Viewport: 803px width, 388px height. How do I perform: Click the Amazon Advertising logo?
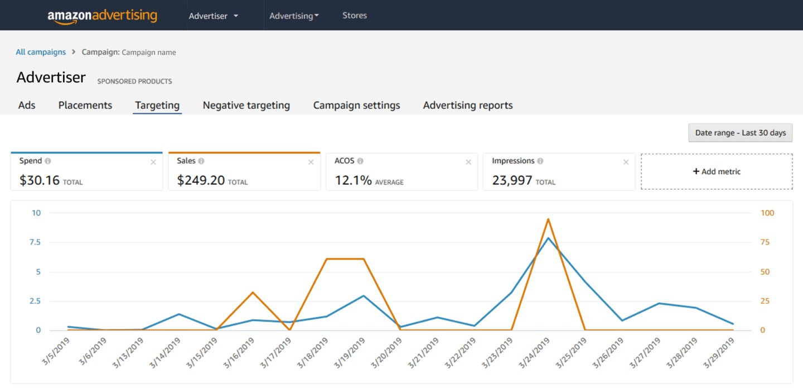pyautogui.click(x=102, y=16)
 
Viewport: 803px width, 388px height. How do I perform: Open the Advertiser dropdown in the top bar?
pyautogui.click(x=213, y=16)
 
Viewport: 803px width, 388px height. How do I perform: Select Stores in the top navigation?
pyautogui.click(x=355, y=16)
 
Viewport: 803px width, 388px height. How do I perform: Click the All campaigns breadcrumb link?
pyautogui.click(x=41, y=52)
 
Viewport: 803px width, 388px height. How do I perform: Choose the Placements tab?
pyautogui.click(x=85, y=105)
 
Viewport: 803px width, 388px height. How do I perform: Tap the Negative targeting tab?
pyautogui.click(x=246, y=105)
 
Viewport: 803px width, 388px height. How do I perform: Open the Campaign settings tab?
pyautogui.click(x=357, y=105)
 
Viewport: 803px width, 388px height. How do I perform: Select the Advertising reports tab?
pyautogui.click(x=468, y=105)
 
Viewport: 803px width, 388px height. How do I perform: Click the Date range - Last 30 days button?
pyautogui.click(x=741, y=133)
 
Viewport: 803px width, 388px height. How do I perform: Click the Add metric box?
pyautogui.click(x=717, y=171)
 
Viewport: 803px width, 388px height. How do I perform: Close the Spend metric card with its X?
pyautogui.click(x=153, y=162)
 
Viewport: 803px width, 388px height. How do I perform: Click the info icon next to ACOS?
pyautogui.click(x=360, y=161)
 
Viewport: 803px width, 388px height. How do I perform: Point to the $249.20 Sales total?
pyautogui.click(x=201, y=180)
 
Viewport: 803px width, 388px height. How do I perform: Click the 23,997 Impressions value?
pyautogui.click(x=512, y=180)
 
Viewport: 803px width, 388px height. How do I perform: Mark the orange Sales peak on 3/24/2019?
pyautogui.click(x=548, y=219)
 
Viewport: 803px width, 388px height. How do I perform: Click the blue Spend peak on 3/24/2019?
pyautogui.click(x=548, y=238)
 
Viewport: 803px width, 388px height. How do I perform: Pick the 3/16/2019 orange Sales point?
pyautogui.click(x=253, y=293)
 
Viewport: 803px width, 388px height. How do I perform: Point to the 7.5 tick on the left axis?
pyautogui.click(x=35, y=242)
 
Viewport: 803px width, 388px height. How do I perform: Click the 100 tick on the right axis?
pyautogui.click(x=767, y=213)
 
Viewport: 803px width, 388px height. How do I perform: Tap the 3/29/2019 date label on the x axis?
pyautogui.click(x=718, y=353)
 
